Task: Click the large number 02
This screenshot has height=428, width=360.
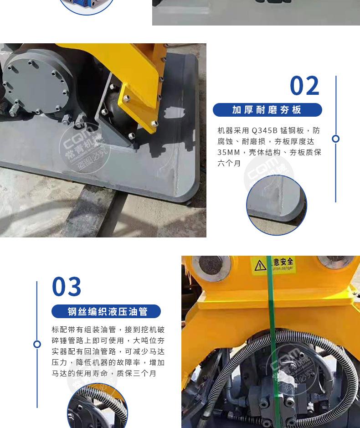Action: tap(305, 86)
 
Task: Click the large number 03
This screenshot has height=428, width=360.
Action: tap(67, 287)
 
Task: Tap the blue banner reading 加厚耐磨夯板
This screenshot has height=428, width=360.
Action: tap(267, 110)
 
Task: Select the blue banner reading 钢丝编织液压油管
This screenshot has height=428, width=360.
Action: tap(106, 311)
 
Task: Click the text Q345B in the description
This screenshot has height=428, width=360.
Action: tap(264, 130)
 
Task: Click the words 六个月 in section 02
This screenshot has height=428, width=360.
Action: tap(229, 163)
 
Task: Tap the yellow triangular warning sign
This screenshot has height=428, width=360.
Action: tap(260, 265)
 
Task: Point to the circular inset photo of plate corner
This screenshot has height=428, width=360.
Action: tap(277, 205)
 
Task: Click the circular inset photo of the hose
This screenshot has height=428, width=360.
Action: tap(97, 408)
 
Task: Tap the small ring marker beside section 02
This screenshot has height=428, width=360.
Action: tap(336, 139)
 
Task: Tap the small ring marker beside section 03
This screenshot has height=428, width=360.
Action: tap(37, 344)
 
